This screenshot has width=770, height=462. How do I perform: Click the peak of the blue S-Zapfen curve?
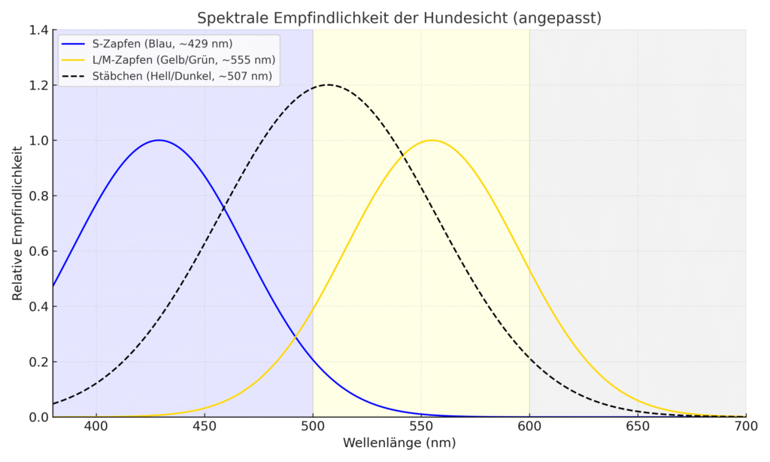point(159,140)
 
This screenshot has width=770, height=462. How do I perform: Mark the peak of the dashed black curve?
point(328,85)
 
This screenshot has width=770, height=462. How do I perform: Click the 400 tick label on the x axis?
point(96,427)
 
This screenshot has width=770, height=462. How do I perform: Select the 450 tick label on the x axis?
point(205,427)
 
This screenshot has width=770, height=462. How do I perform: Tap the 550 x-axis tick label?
point(421,427)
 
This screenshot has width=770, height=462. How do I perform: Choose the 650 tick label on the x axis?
point(638,427)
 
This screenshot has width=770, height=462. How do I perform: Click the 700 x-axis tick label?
point(745,427)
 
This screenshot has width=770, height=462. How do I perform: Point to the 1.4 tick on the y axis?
point(38,30)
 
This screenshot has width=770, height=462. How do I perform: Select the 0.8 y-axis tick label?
point(38,196)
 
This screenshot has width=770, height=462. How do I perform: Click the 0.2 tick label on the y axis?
point(38,361)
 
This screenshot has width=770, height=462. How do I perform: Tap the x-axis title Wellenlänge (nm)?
point(399,443)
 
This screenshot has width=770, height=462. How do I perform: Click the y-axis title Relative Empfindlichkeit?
point(17,223)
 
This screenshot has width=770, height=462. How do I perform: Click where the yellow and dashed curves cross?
point(405,154)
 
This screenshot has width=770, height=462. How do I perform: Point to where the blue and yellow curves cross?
point(298,333)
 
